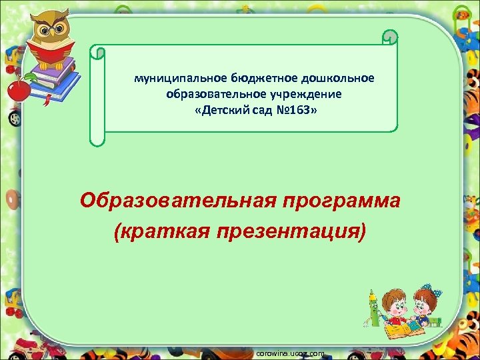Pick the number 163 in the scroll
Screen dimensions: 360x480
300,109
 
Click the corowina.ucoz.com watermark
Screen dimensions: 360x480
290,353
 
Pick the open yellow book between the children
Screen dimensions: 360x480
403,329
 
